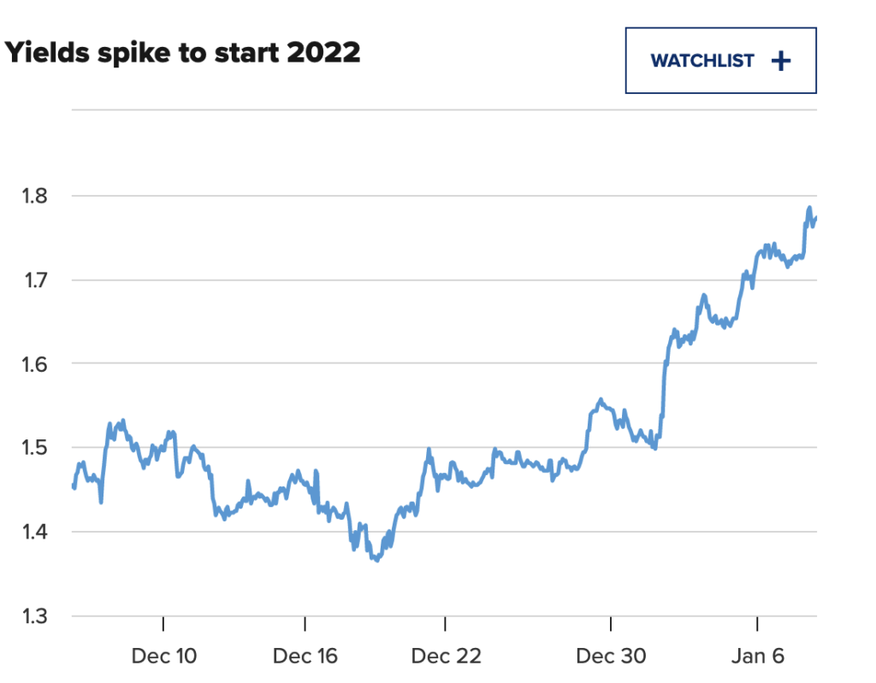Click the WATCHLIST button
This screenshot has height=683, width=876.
(720, 61)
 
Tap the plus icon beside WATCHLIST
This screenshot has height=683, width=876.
(780, 61)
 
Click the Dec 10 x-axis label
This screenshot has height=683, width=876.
(163, 657)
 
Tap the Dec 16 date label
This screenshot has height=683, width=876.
(305, 657)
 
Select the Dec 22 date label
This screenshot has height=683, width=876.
(446, 657)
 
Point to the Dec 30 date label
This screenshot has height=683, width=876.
(611, 657)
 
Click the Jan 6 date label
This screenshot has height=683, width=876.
(759, 657)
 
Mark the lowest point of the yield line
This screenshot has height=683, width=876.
(376, 561)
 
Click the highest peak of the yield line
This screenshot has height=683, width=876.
(809, 208)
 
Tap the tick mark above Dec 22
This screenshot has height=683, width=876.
(446, 622)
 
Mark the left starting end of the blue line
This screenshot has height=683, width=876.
(73, 486)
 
